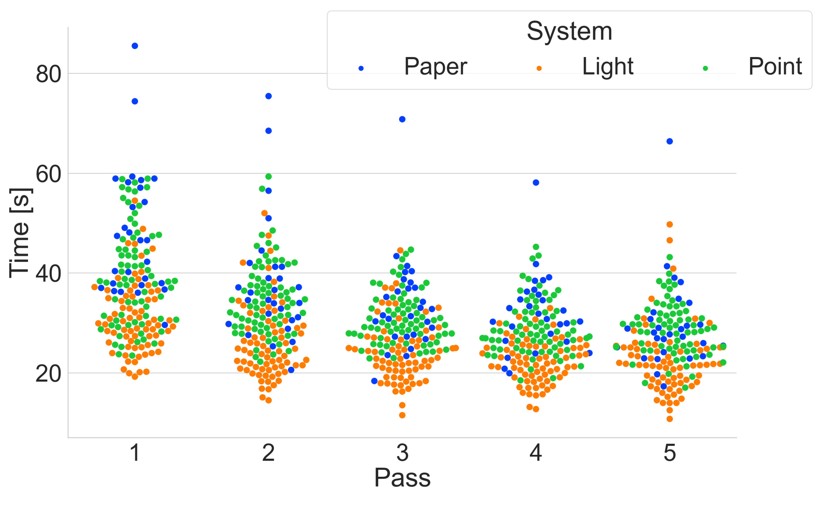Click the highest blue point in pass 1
tap(135, 46)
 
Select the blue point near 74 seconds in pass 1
tap(135, 102)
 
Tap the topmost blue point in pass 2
tap(269, 96)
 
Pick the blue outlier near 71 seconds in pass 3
tap(403, 119)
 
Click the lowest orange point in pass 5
tap(670, 419)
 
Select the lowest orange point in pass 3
tap(403, 416)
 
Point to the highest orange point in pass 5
tap(670, 224)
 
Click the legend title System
tap(570, 31)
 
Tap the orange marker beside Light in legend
tap(539, 68)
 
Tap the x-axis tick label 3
tap(403, 453)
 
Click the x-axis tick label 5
tap(670, 453)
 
